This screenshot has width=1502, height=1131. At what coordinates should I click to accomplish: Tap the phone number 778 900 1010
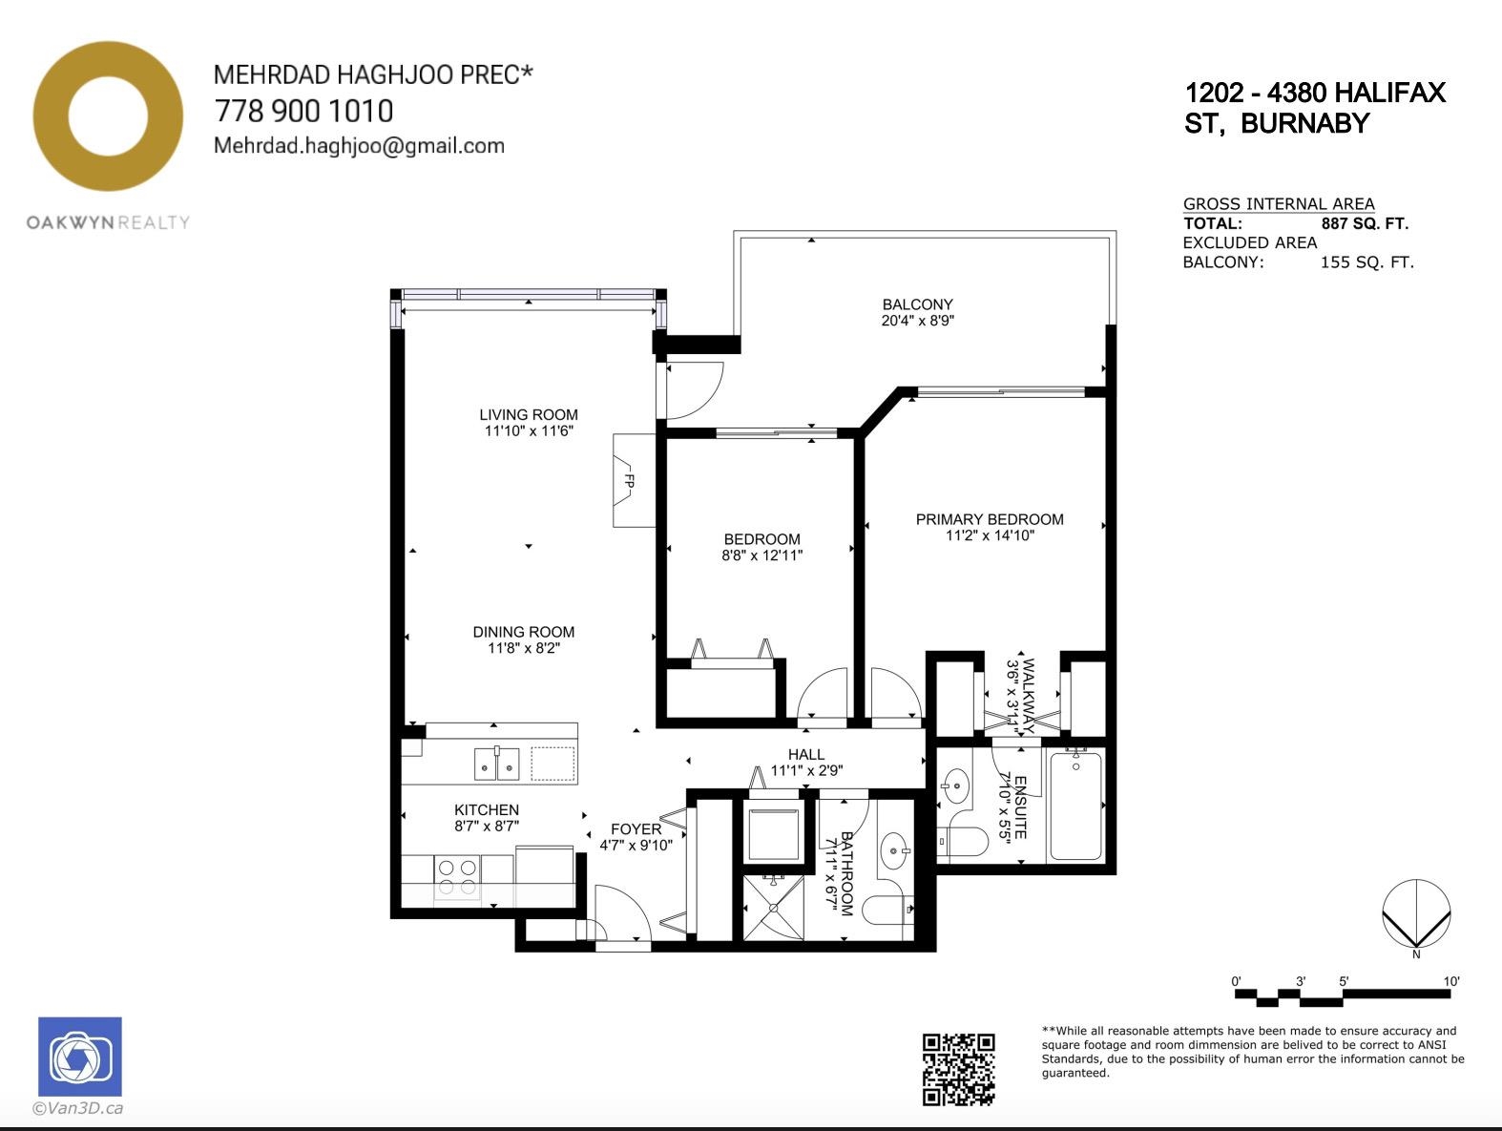303,111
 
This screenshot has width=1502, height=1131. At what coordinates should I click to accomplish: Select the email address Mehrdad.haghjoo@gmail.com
359,146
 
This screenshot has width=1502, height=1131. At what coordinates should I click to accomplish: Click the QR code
958,1069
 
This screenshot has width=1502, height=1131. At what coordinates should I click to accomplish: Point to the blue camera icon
80,1057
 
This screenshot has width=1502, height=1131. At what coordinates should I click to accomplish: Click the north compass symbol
1416,914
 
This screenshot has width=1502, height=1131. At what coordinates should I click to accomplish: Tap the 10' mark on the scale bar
1450,981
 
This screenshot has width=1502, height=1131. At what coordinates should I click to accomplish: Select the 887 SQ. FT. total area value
1365,223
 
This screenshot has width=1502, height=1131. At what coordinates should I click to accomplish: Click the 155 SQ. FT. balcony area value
1366,262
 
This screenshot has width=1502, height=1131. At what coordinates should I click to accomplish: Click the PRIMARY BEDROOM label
990,519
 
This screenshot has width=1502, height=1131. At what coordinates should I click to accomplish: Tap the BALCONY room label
918,304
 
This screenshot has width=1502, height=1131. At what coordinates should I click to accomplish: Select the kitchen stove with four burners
457,878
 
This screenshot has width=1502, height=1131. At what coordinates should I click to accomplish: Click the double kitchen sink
497,763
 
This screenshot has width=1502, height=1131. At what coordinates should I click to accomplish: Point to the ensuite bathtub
1075,806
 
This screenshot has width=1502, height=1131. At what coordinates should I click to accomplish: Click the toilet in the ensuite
963,842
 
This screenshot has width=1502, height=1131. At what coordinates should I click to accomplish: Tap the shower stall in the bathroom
774,908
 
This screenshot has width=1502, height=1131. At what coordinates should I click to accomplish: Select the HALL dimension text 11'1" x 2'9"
806,770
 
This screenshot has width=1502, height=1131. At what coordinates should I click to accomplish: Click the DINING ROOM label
524,632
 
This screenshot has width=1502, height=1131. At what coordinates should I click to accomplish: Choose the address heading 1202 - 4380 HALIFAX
1315,93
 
